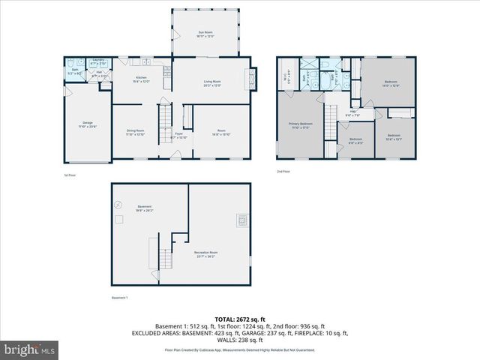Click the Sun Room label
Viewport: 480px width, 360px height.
205,34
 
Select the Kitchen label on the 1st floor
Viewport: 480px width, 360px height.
140,79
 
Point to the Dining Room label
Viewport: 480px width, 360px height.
135,132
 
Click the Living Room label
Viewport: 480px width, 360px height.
212,82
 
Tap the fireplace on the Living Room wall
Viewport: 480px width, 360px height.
251,76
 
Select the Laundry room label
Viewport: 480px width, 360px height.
97,62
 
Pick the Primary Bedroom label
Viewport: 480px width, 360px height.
301,124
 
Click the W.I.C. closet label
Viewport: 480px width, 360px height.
285,75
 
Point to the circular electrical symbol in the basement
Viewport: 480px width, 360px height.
118,203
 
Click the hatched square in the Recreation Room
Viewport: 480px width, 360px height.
241,220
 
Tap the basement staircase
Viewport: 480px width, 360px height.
155,253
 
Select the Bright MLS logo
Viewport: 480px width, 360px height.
30,349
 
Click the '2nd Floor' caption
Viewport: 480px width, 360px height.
283,172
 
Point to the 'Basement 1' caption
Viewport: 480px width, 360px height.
120,298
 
